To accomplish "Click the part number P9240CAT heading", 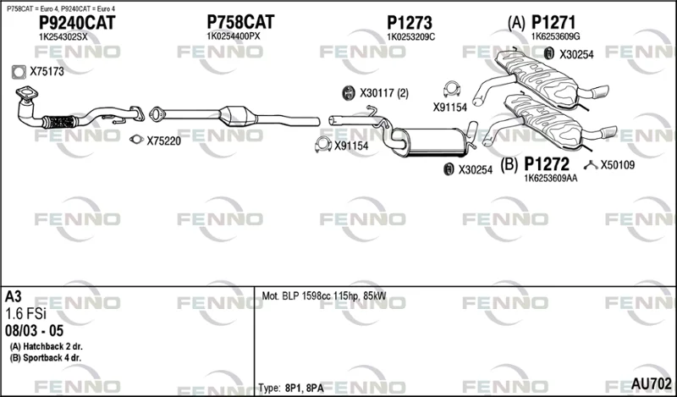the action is click(77, 23).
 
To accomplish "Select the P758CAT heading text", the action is click(240, 22).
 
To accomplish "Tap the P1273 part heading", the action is click(410, 23).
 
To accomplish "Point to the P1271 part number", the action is click(553, 22).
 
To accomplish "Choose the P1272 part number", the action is click(547, 164).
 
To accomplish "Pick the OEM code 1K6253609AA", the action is click(551, 178).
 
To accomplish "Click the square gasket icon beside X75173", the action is click(19, 72).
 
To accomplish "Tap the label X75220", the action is click(163, 141).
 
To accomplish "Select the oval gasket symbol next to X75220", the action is click(136, 139).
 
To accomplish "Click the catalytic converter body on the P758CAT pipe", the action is click(239, 116).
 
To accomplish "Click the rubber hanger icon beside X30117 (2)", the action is click(347, 93).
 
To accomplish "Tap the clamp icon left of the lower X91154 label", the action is click(323, 145).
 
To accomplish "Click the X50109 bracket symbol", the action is click(591, 164).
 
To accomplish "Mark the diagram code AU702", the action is click(652, 383).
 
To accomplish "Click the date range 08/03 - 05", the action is click(34, 331).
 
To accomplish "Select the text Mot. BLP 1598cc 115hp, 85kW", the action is click(324, 296).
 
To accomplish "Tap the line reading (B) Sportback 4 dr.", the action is click(46, 358).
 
